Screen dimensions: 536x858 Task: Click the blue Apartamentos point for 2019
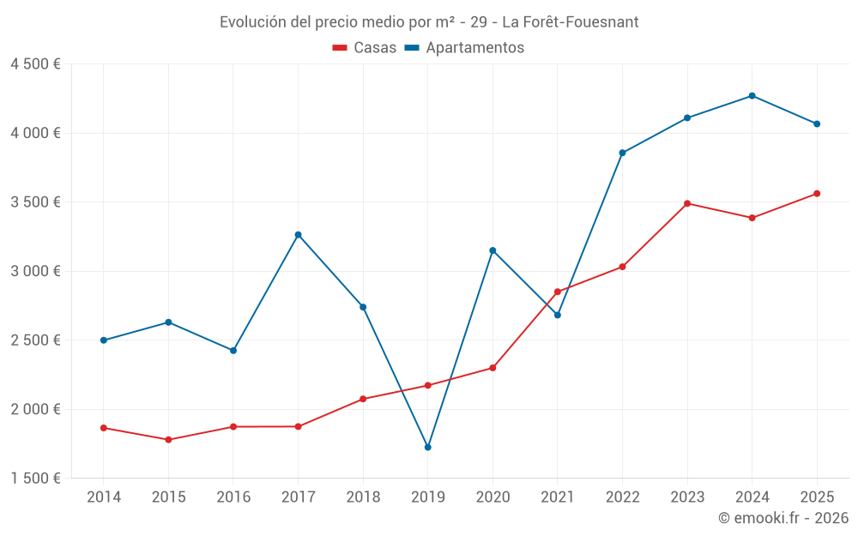(x=427, y=447)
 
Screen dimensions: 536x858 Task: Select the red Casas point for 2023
(x=687, y=203)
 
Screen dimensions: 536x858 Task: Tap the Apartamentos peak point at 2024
(x=752, y=95)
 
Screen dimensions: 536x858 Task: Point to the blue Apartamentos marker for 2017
(x=298, y=234)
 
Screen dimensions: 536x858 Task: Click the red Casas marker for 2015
(x=168, y=440)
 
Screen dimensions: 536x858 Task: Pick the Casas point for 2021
(x=557, y=292)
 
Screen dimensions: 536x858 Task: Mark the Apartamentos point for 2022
(x=622, y=153)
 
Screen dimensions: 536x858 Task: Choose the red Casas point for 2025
(x=817, y=194)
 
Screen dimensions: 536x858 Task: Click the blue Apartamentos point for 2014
(x=103, y=340)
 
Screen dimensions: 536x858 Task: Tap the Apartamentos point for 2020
(x=492, y=250)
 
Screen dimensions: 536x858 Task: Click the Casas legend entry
(x=365, y=48)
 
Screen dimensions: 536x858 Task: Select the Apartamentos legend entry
(x=464, y=48)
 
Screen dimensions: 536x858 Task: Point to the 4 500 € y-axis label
(x=35, y=64)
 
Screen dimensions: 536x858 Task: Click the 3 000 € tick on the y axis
(x=35, y=271)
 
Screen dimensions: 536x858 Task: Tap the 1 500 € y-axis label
(x=35, y=479)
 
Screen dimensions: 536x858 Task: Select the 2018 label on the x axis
(x=362, y=497)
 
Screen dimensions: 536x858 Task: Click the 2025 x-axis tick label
(x=817, y=497)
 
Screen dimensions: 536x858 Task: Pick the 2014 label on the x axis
(x=103, y=497)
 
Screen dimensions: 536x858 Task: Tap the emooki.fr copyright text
(x=783, y=518)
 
